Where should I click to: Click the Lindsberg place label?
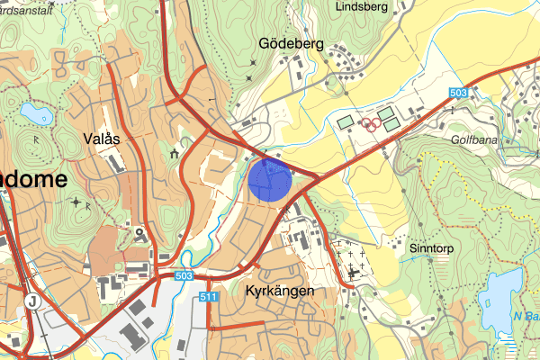pyautogui.click(x=360, y=6)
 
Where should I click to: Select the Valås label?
pyautogui.click(x=101, y=139)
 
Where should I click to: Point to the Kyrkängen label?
pyautogui.click(x=278, y=292)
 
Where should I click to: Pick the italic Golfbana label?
pyautogui.click(x=476, y=139)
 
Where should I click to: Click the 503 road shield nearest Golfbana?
pyautogui.click(x=458, y=92)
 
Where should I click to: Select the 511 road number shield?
pyautogui.click(x=211, y=296)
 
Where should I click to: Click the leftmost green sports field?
pyautogui.click(x=346, y=121)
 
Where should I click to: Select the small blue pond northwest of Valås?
pyautogui.click(x=37, y=112)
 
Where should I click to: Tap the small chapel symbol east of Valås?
pyautogui.click(x=172, y=154)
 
